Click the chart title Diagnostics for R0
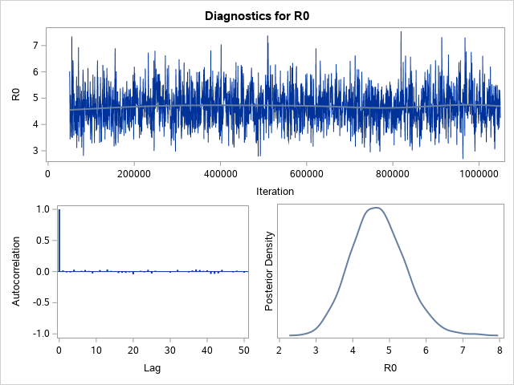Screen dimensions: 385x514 257,15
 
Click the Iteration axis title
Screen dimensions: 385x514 274,192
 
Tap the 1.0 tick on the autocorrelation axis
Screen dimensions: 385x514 39,209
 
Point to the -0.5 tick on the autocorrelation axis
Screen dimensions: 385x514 37,302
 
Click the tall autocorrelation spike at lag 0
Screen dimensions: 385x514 59,241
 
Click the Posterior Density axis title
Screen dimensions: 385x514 271,271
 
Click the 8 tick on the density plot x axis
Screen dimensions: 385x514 499,350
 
